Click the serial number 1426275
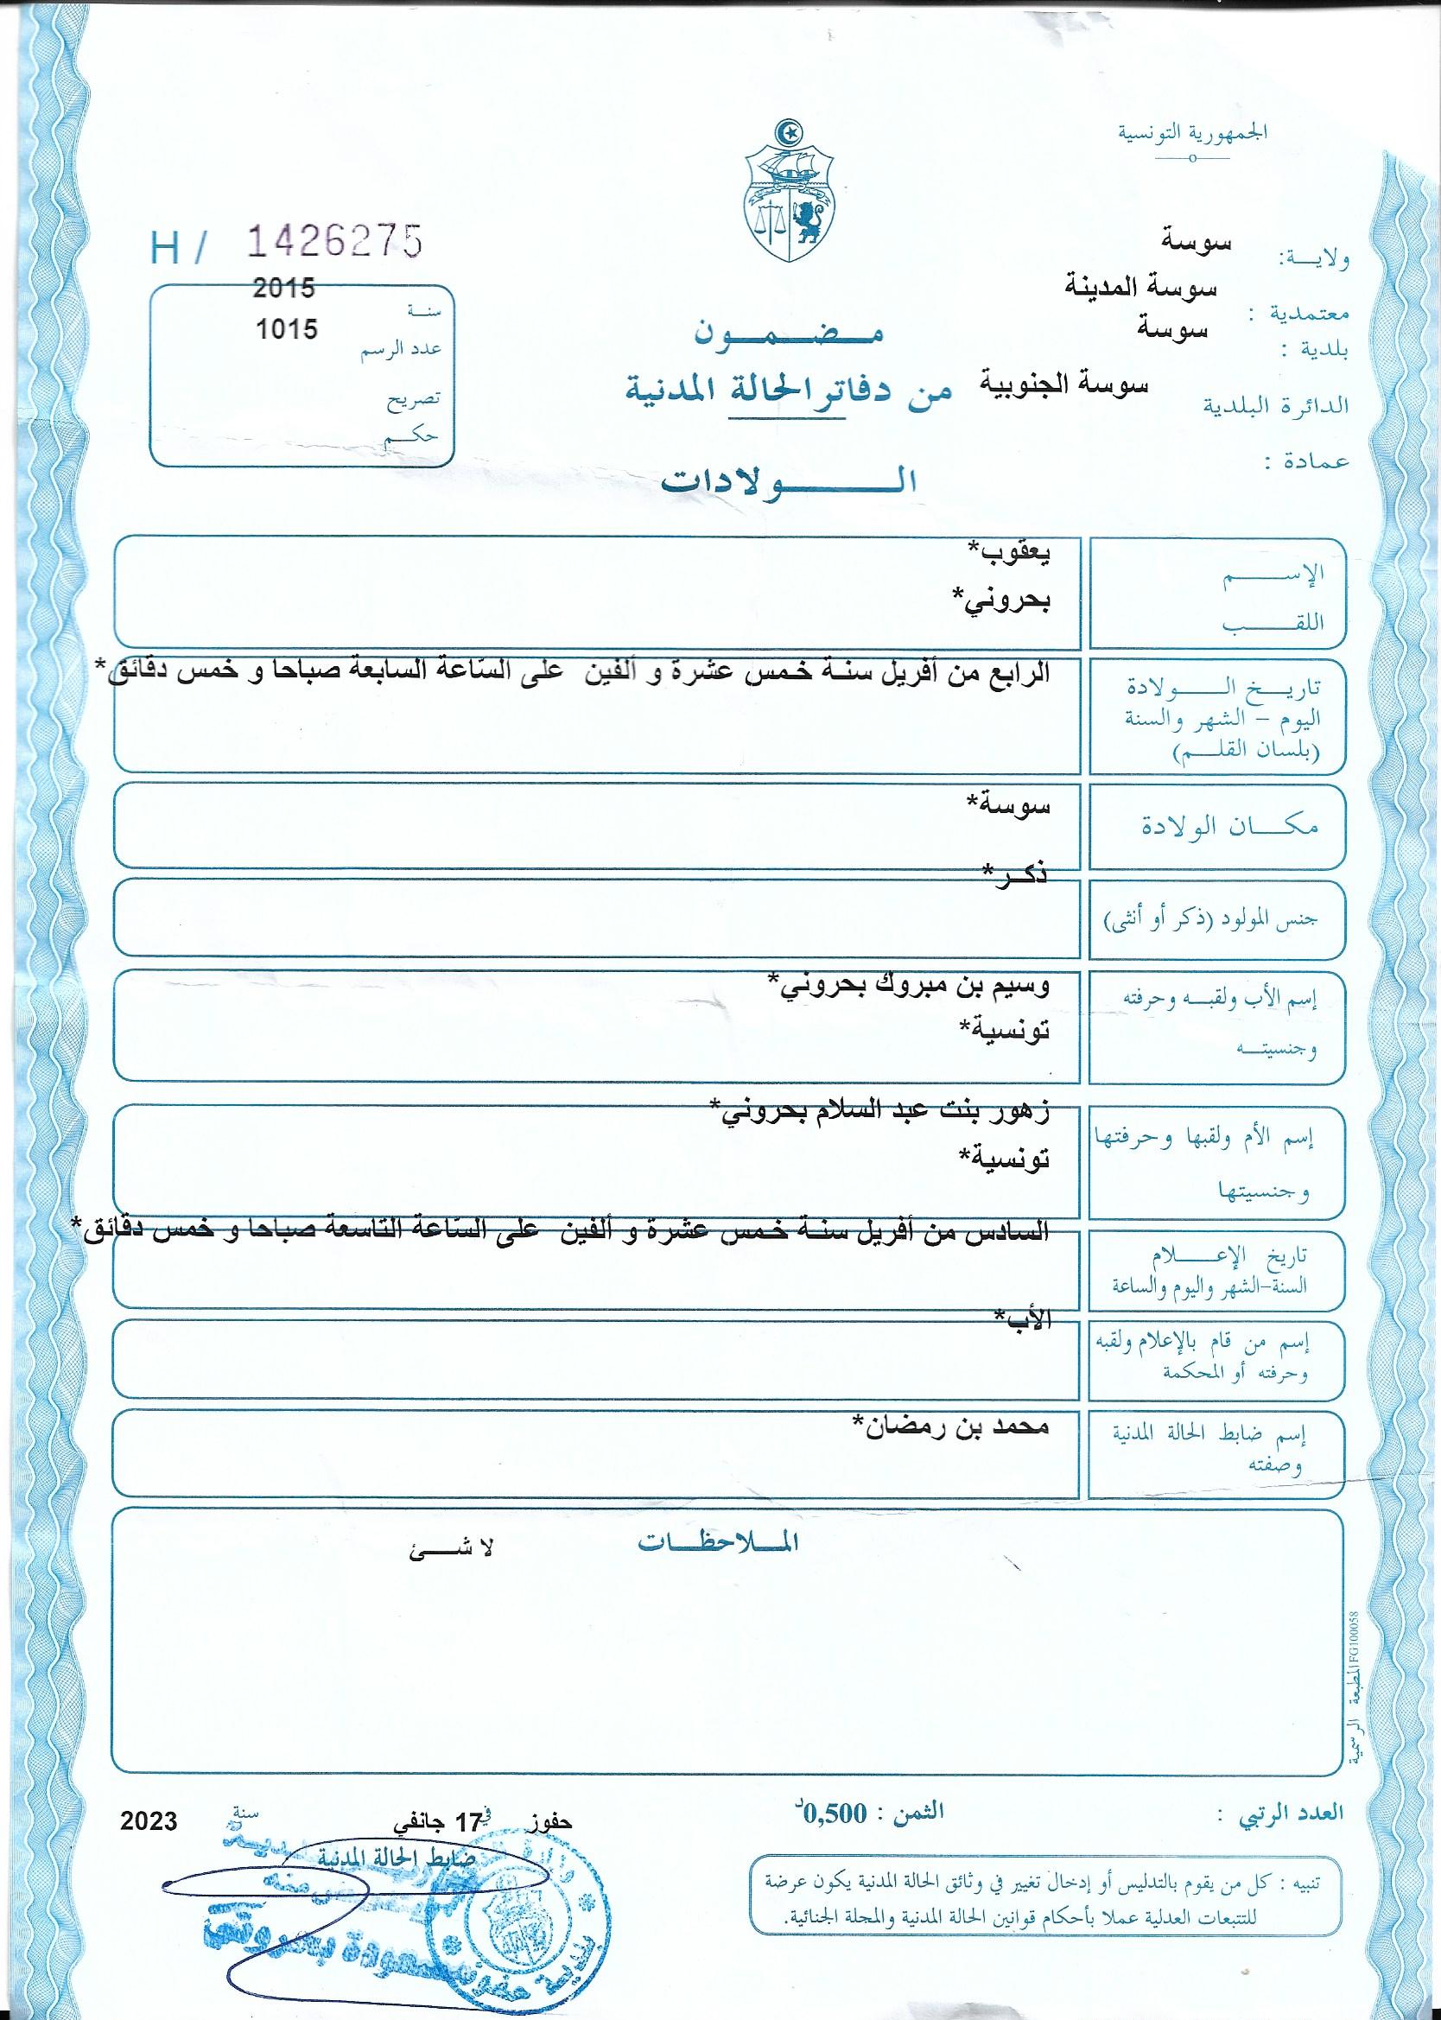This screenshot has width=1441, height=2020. click(x=333, y=240)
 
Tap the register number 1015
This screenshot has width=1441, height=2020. click(x=286, y=329)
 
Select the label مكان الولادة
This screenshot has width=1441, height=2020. click(x=1229, y=827)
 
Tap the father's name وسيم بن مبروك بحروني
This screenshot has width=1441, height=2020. click(x=908, y=987)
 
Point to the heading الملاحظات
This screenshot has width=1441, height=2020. click(x=719, y=1543)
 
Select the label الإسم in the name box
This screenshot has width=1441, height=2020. click(x=1287, y=573)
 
